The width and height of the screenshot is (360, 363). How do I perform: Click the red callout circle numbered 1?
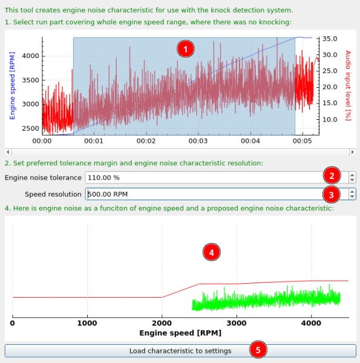[186, 48]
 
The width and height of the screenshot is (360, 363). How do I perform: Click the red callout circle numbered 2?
[331, 177]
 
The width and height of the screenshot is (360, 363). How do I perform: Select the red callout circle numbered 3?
[331, 194]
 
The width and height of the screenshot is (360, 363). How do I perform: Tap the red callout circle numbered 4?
[211, 252]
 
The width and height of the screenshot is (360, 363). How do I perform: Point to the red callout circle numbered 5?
[258, 350]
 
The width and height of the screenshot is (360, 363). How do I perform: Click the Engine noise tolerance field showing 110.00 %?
[206, 177]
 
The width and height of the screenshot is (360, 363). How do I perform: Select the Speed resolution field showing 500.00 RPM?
[206, 194]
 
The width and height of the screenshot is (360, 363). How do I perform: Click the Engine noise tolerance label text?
[42, 177]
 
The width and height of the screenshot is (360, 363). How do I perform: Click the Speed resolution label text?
[53, 194]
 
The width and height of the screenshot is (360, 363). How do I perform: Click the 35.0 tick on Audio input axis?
[330, 38]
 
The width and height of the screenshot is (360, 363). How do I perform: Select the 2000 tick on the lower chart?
[162, 323]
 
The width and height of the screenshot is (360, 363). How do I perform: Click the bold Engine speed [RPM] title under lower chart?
[180, 333]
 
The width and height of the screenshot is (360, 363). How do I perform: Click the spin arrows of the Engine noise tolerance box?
[352, 177]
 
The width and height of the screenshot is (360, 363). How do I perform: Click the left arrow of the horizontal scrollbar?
[7, 150]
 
